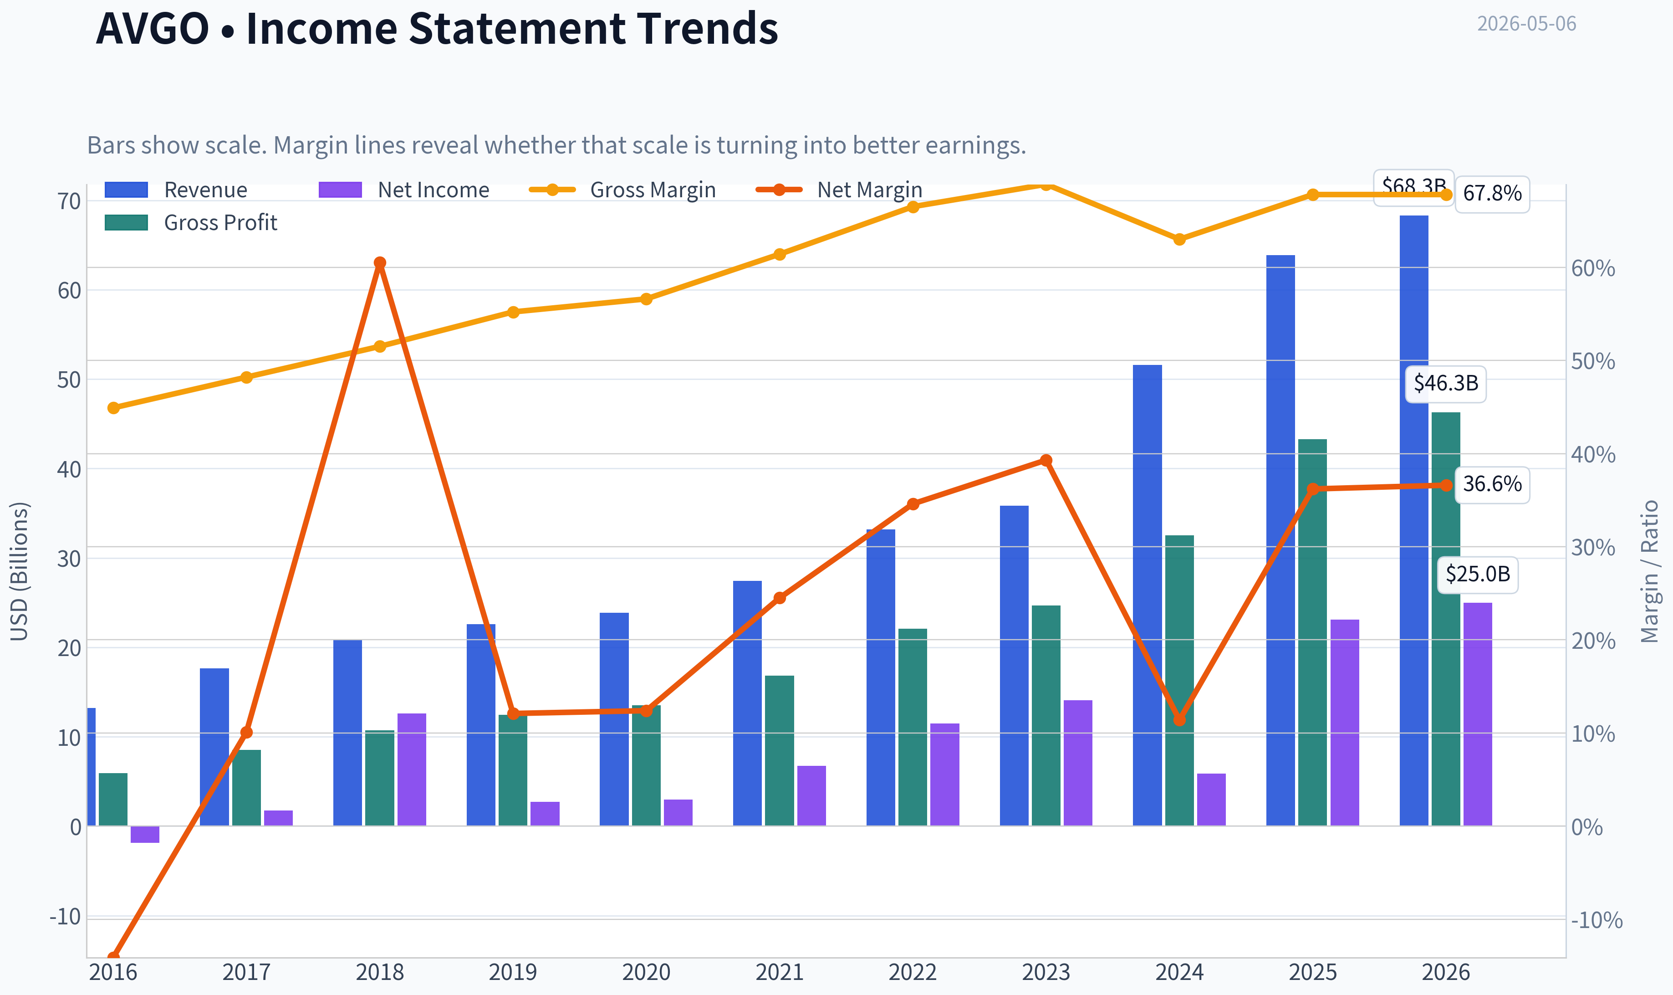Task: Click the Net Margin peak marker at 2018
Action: point(380,263)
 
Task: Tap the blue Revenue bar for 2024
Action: point(1147,595)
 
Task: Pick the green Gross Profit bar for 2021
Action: point(779,750)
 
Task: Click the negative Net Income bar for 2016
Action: point(145,834)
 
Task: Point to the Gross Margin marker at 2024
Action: point(1180,239)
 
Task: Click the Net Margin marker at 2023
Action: point(1046,461)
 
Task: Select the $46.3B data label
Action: point(1446,384)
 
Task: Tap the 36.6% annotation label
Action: point(1492,484)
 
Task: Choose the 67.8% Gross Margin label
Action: point(1492,194)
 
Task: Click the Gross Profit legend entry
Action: point(191,223)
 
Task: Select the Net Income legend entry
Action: point(404,190)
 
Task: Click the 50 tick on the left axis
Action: point(69,380)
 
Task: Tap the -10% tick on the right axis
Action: point(1596,920)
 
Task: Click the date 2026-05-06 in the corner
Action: point(1526,24)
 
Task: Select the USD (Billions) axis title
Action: point(20,571)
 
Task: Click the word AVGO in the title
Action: point(153,28)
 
